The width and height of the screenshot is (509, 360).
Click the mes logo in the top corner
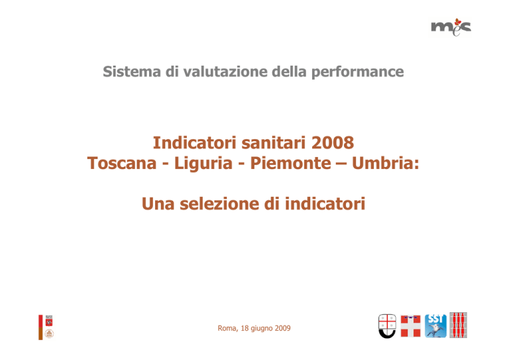(451, 27)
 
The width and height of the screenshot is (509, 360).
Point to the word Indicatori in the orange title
(195, 143)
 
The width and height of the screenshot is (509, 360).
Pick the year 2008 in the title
(333, 143)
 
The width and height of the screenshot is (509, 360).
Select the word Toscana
(122, 163)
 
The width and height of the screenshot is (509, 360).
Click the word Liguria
(203, 164)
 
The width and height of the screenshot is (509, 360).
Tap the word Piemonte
(290, 163)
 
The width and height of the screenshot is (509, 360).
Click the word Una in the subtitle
(158, 204)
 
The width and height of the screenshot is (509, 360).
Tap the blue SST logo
(435, 326)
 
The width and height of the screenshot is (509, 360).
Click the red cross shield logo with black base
(387, 326)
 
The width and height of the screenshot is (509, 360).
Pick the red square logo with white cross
(410, 326)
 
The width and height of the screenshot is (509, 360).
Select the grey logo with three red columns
(459, 326)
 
